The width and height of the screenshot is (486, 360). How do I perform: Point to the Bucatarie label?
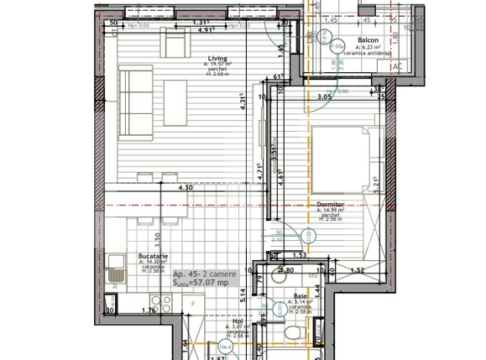coord(154,258)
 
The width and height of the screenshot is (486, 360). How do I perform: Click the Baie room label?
coord(300,296)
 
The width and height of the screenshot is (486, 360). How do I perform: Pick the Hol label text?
coord(237,321)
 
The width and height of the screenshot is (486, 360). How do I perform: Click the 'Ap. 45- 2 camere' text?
coord(204,274)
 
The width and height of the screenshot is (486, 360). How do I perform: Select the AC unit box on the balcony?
coord(397,66)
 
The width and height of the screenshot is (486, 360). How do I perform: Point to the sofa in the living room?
coord(135,91)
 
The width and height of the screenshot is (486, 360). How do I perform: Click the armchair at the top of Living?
coord(175,43)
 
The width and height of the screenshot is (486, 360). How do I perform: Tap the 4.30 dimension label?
coord(186,188)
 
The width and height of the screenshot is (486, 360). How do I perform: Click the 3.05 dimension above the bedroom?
coord(324,97)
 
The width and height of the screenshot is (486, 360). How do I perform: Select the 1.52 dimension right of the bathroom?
coord(356,270)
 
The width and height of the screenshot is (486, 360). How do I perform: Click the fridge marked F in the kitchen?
coord(193,303)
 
